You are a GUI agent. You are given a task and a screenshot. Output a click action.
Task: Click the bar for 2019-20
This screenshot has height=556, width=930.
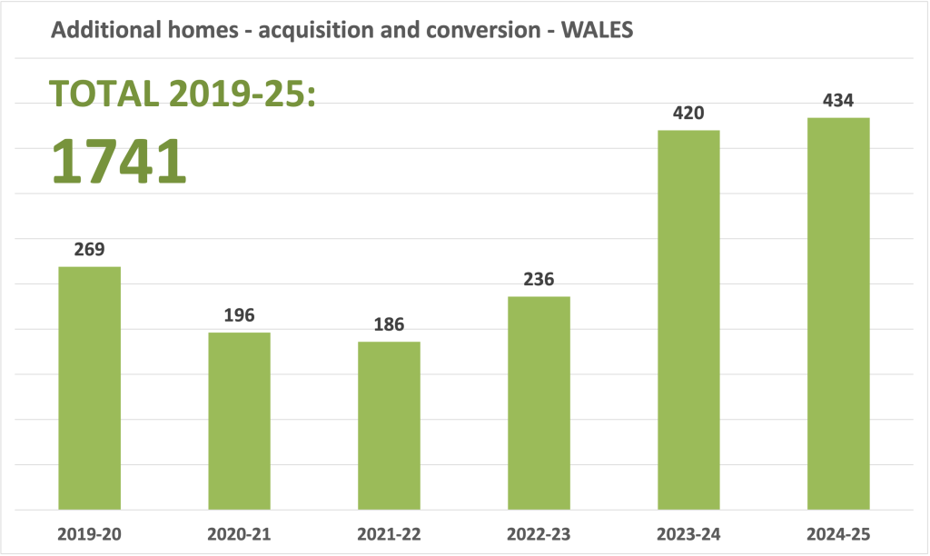pyautogui.click(x=89, y=388)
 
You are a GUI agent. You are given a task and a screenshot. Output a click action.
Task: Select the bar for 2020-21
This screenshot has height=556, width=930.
pyautogui.click(x=239, y=421)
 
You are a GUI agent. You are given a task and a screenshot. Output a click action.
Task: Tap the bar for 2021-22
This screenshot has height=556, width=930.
pyautogui.click(x=389, y=425)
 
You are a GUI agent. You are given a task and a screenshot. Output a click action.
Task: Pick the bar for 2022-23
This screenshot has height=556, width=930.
pyautogui.click(x=539, y=402)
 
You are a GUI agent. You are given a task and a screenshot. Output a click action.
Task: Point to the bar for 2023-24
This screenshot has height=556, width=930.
pyautogui.click(x=688, y=320)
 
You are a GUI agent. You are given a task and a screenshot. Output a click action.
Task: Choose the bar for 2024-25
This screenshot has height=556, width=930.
pyautogui.click(x=838, y=313)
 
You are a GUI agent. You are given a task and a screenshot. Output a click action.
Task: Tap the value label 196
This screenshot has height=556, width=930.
pyautogui.click(x=239, y=315)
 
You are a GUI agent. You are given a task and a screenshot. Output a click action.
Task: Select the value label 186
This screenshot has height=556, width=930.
pyautogui.click(x=389, y=324)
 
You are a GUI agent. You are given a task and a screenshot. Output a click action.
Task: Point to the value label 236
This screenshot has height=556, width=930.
pyautogui.click(x=539, y=280)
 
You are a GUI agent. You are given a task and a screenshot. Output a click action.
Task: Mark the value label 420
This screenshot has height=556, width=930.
pyautogui.click(x=688, y=114)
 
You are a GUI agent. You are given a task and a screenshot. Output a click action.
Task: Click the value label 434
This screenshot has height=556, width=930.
pyautogui.click(x=838, y=101)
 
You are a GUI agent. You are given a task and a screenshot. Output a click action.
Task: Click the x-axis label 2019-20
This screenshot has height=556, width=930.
pyautogui.click(x=89, y=534)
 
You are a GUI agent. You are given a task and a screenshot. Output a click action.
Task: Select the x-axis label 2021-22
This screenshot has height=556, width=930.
pyautogui.click(x=389, y=534)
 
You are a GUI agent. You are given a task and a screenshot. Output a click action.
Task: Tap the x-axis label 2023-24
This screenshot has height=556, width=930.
pyautogui.click(x=688, y=534)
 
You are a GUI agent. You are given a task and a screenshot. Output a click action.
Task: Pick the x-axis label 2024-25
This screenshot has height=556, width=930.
pyautogui.click(x=838, y=534)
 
